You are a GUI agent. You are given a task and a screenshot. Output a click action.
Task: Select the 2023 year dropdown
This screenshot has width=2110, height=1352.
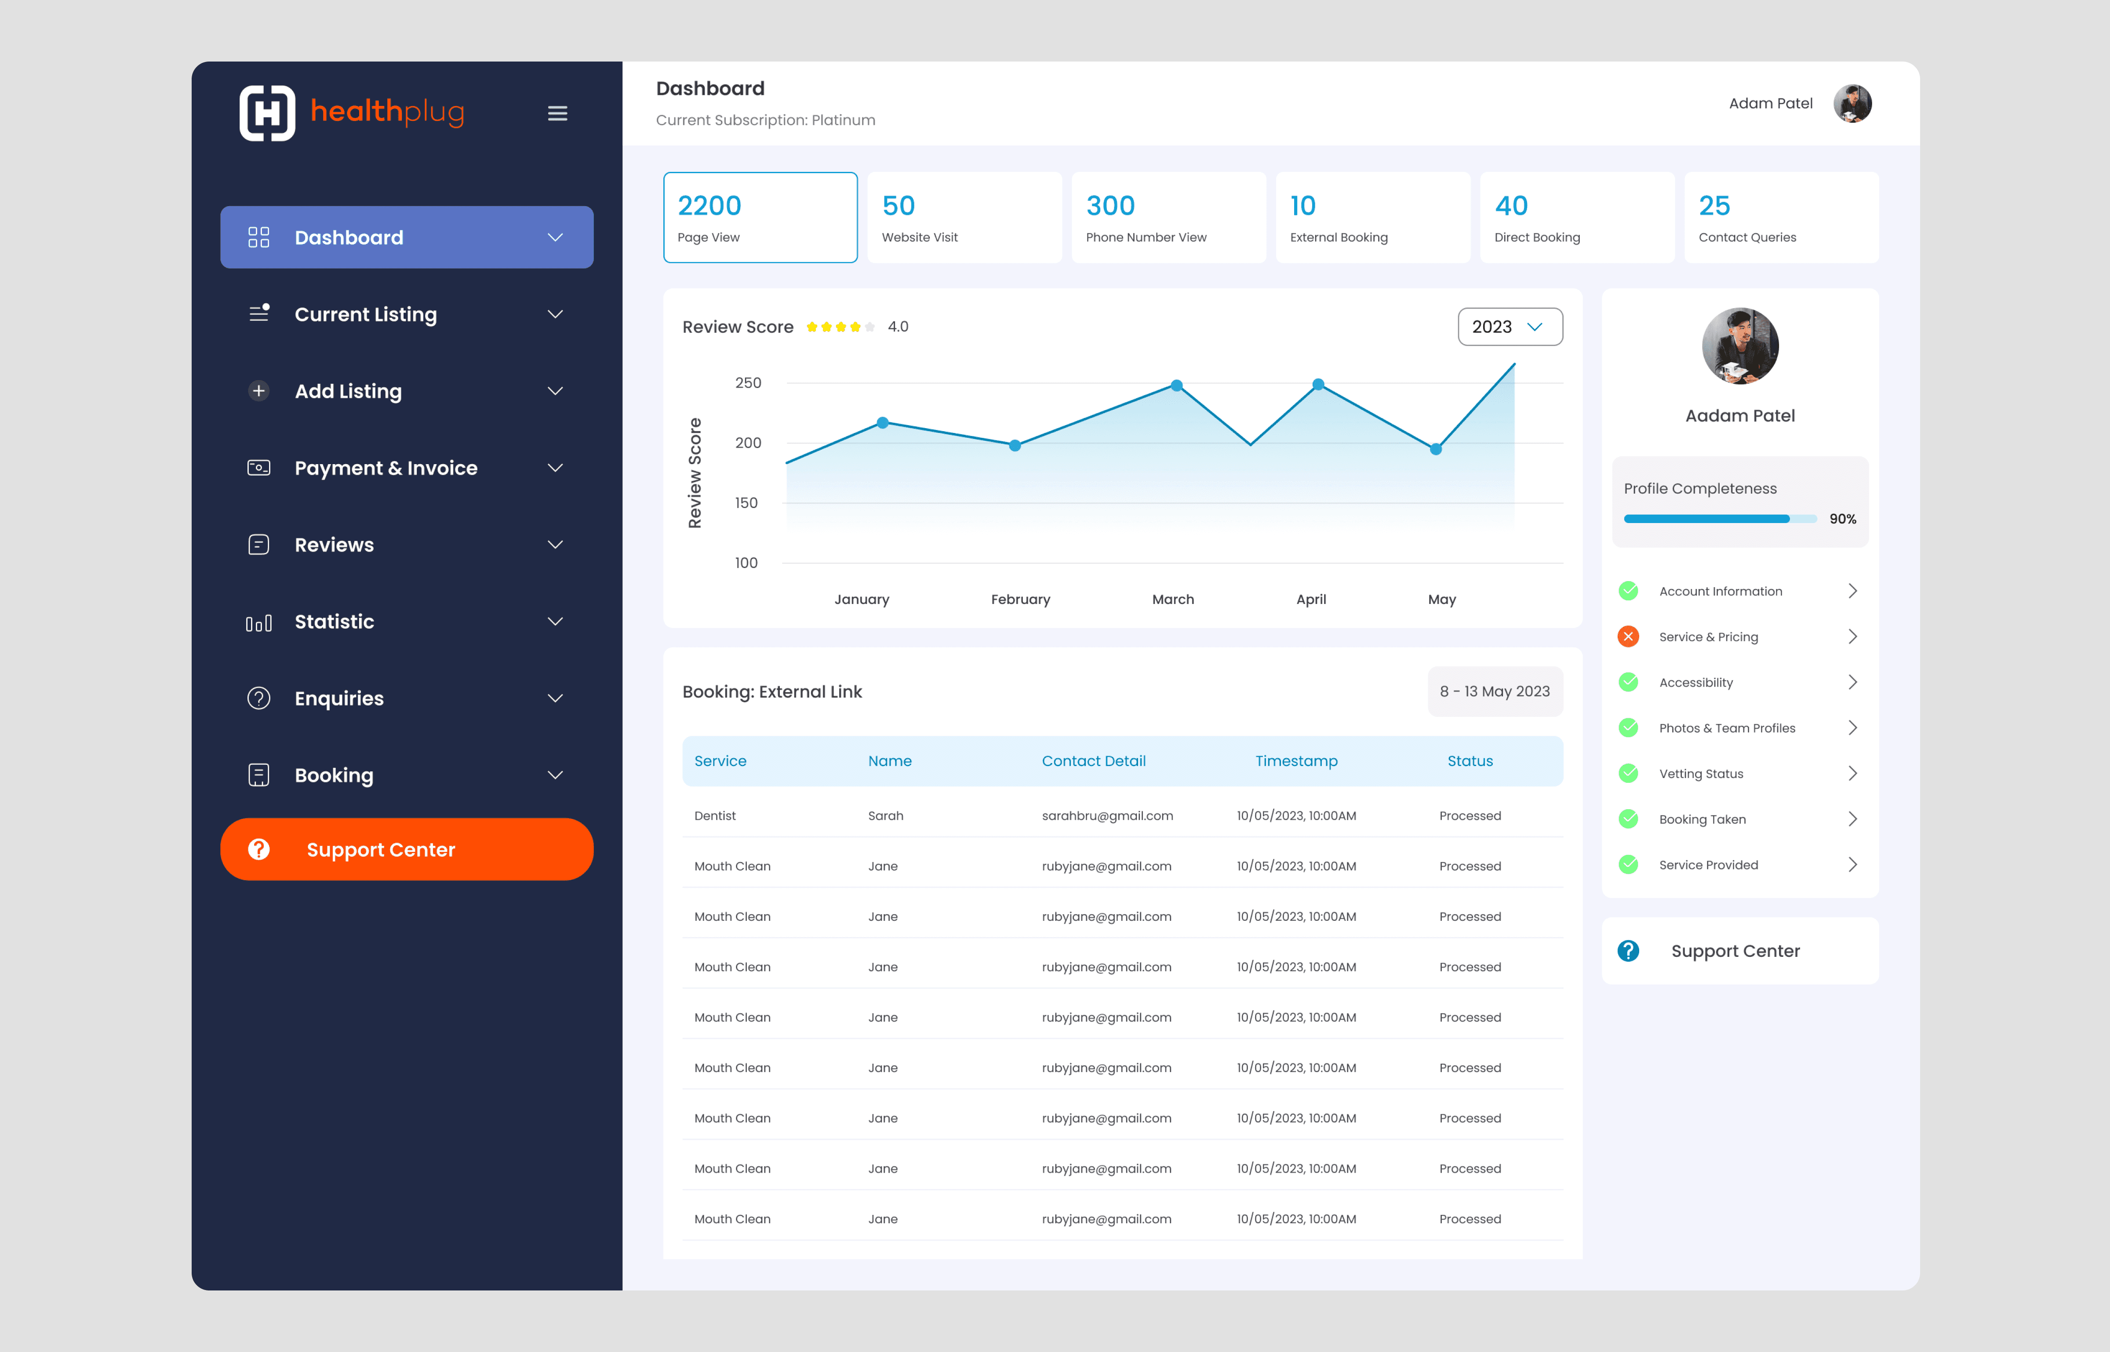tap(1510, 327)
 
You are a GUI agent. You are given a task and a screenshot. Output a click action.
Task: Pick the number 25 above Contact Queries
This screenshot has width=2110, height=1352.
tap(1714, 205)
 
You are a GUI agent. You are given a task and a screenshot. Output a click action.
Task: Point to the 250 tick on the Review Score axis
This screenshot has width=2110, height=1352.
tap(748, 383)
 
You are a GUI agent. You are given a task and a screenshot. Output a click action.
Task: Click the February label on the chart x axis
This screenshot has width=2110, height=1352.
tap(1020, 600)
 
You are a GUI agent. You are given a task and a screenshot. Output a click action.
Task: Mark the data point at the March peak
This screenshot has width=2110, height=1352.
tap(1177, 385)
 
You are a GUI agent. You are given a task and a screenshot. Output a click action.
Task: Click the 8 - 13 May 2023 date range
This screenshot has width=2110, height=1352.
tap(1495, 692)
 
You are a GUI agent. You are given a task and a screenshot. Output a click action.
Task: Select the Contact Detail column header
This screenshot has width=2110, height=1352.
tap(1093, 761)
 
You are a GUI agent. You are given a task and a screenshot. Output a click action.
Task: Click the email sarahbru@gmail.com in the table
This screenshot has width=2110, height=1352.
tap(1107, 816)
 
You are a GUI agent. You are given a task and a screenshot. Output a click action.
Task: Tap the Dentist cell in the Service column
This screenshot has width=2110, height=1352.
tap(715, 816)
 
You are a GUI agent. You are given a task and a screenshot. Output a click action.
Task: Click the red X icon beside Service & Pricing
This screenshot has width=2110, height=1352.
tap(1628, 636)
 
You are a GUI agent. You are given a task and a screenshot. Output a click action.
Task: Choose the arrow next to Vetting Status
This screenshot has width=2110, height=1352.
tap(1853, 774)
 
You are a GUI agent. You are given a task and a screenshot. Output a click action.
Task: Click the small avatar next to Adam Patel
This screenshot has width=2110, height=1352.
tap(1852, 104)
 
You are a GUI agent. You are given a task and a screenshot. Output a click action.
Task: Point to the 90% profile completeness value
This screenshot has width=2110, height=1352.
tap(1842, 519)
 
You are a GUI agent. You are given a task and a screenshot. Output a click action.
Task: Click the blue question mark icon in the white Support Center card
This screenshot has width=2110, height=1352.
tap(1628, 951)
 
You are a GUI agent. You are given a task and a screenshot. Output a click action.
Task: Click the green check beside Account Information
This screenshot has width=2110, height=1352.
tap(1628, 591)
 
